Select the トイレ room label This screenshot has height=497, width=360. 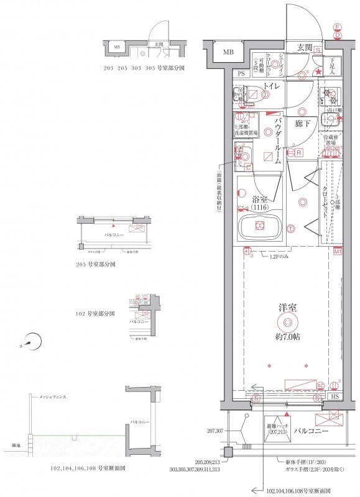(x=271, y=87)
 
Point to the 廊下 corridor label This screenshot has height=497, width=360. (x=303, y=124)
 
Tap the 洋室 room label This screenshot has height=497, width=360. (x=287, y=307)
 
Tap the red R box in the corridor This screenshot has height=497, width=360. (x=298, y=153)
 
